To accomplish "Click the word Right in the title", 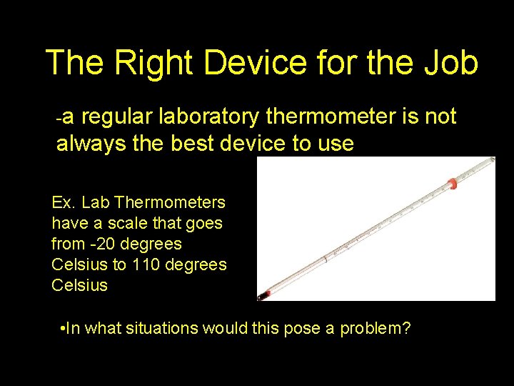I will click(153, 63).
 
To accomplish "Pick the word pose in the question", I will click(303, 329).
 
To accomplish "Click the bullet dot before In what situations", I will click(65, 330).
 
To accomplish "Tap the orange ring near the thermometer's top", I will click(451, 182).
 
